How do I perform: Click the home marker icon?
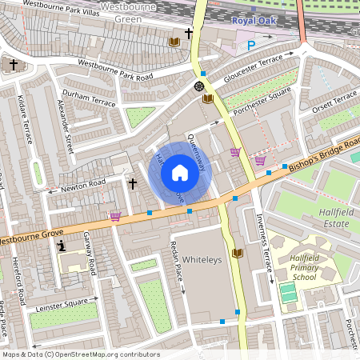(180, 172)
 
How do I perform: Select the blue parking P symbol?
(251, 46)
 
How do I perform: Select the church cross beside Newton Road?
(133, 183)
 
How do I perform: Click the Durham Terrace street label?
(88, 99)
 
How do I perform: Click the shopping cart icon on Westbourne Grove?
(115, 215)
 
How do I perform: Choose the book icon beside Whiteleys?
(237, 254)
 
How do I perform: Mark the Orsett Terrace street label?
(335, 103)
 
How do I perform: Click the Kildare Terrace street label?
(25, 120)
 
